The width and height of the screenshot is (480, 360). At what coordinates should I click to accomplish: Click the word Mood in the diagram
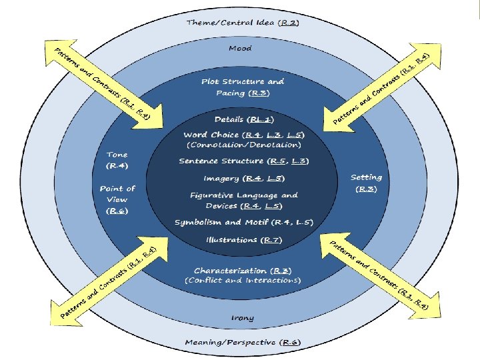point(240,48)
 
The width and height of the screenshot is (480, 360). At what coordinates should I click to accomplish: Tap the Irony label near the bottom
point(243,318)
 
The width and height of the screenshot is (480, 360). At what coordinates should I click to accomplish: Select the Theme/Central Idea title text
point(243,22)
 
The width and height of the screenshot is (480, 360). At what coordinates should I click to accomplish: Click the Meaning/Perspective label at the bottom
point(243,343)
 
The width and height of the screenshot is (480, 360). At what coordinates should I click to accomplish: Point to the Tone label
point(117,159)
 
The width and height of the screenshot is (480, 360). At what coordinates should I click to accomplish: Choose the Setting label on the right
point(366,183)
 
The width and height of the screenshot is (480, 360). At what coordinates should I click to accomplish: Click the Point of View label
point(117,199)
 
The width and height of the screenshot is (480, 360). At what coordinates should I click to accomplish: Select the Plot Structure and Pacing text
point(243,87)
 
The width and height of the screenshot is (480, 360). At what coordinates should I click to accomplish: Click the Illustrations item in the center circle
point(243,239)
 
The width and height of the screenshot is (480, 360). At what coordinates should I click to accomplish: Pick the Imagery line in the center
point(244,178)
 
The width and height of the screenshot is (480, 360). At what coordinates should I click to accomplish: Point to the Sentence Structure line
point(244,161)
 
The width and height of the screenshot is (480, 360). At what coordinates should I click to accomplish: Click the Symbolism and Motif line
point(244,222)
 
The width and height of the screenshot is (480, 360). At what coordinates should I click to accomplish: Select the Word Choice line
point(244,135)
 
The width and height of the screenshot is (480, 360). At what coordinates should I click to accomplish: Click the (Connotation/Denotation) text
point(244,144)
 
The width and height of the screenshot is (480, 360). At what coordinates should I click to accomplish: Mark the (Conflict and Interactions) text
point(243,281)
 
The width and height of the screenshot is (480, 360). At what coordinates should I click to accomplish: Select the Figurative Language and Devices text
point(244,200)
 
